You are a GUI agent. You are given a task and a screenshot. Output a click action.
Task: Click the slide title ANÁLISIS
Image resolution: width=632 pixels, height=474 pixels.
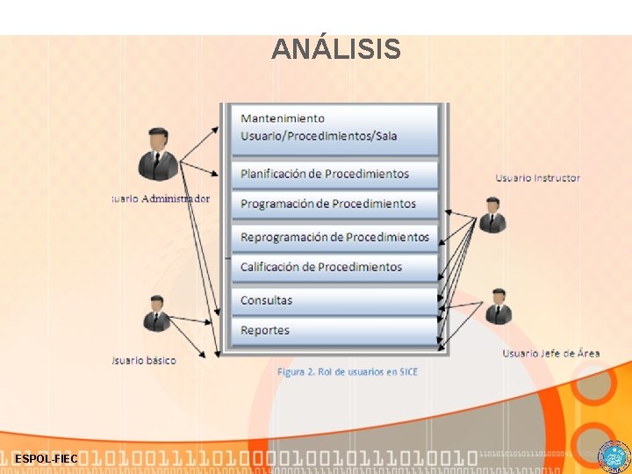pos(336,49)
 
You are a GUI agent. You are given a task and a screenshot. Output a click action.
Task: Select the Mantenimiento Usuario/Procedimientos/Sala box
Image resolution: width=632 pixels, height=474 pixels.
pos(334,128)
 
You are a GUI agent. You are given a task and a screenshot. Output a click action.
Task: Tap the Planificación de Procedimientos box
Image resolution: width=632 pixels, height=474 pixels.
pos(334,174)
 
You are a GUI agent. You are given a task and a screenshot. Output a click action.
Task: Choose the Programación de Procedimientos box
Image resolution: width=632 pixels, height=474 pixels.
pos(334,204)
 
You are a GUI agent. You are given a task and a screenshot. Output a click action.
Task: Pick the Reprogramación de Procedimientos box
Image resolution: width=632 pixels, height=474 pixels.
pos(334,237)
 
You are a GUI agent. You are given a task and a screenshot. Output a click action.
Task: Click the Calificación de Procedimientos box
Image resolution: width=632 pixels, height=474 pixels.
pos(334,267)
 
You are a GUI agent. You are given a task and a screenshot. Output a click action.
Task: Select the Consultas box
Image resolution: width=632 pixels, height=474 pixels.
pos(334,300)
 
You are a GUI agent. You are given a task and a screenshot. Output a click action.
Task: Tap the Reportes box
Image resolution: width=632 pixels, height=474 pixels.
pos(334,330)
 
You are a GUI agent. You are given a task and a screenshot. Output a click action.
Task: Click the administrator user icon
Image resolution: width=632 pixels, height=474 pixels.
pos(158,155)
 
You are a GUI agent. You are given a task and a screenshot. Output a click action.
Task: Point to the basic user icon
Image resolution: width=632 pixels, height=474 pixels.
pos(157,314)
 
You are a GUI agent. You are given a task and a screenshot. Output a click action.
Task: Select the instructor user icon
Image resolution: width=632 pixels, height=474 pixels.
pos(492,215)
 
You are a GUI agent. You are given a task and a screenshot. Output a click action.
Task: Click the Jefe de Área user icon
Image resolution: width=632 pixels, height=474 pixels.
pos(498,306)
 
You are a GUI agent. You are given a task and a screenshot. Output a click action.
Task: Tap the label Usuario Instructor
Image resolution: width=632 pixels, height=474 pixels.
pos(537,178)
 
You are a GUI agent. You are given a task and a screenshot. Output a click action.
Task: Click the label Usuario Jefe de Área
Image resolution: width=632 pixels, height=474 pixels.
pos(550,353)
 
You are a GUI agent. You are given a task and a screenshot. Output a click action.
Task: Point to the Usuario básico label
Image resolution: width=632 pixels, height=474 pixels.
pos(145,360)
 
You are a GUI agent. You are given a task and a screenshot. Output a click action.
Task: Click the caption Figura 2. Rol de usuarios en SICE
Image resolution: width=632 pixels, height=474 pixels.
pos(348,372)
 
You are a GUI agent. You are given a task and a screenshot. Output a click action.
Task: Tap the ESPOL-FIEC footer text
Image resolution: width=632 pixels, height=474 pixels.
pos(46,459)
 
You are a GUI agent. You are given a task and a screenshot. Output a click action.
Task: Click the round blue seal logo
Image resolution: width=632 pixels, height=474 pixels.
pos(614,457)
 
